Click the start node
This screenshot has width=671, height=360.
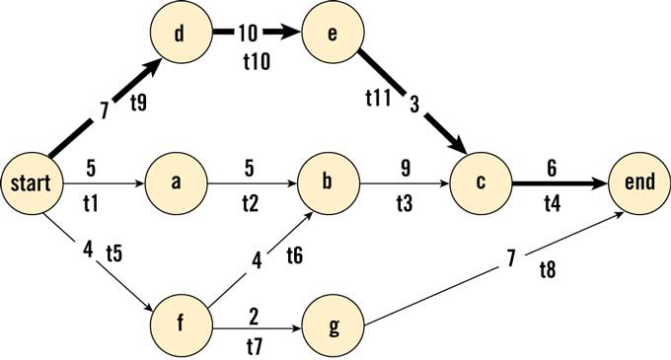[x=32, y=182]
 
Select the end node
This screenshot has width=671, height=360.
[x=639, y=182]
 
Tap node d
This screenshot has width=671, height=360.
[x=179, y=34]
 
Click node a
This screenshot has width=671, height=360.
[x=177, y=182]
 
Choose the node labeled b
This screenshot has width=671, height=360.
[x=331, y=182]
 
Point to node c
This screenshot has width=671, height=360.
[x=481, y=182]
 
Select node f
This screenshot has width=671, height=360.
[x=180, y=323]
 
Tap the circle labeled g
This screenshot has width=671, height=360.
[x=333, y=323]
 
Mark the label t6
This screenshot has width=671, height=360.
[x=294, y=256]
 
